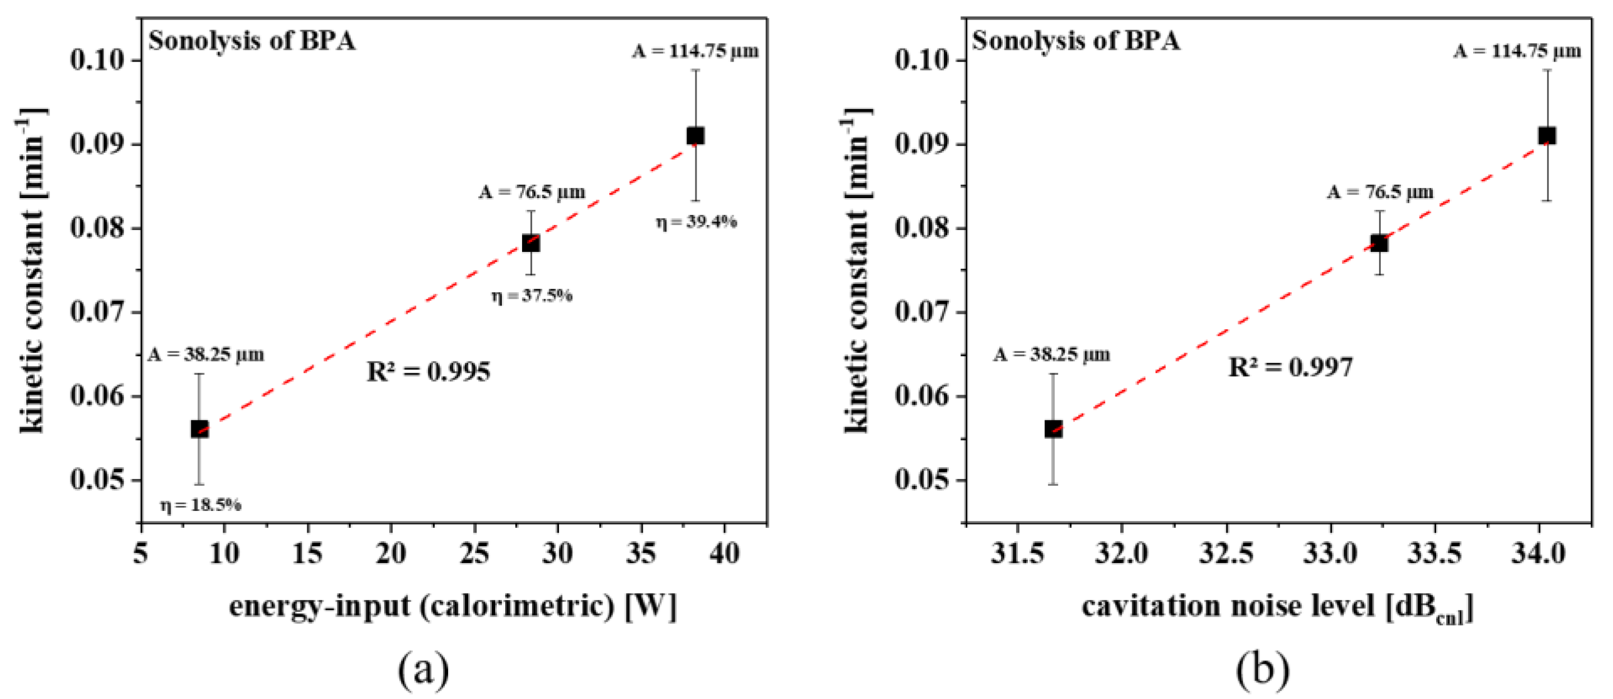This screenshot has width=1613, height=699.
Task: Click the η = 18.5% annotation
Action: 201,505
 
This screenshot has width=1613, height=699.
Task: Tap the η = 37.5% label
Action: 532,295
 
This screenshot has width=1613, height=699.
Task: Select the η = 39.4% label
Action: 697,221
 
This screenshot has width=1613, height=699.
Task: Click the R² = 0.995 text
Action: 429,372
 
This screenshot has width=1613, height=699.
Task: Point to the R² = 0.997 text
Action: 1291,367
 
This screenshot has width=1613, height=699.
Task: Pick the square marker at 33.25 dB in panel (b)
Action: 1379,243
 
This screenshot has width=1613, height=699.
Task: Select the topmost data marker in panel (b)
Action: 1546,135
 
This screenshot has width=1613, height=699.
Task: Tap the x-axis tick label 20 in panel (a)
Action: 391,553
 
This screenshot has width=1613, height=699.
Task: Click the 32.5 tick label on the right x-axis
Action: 1226,553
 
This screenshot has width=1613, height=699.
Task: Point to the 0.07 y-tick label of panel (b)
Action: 921,312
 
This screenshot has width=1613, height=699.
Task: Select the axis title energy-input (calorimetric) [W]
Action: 453,606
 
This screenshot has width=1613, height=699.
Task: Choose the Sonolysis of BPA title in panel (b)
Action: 1075,41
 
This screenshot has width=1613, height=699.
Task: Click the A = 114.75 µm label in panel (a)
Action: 695,51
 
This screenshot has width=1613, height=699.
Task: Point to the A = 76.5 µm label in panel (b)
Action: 1380,191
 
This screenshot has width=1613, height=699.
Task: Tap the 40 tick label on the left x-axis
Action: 725,553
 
